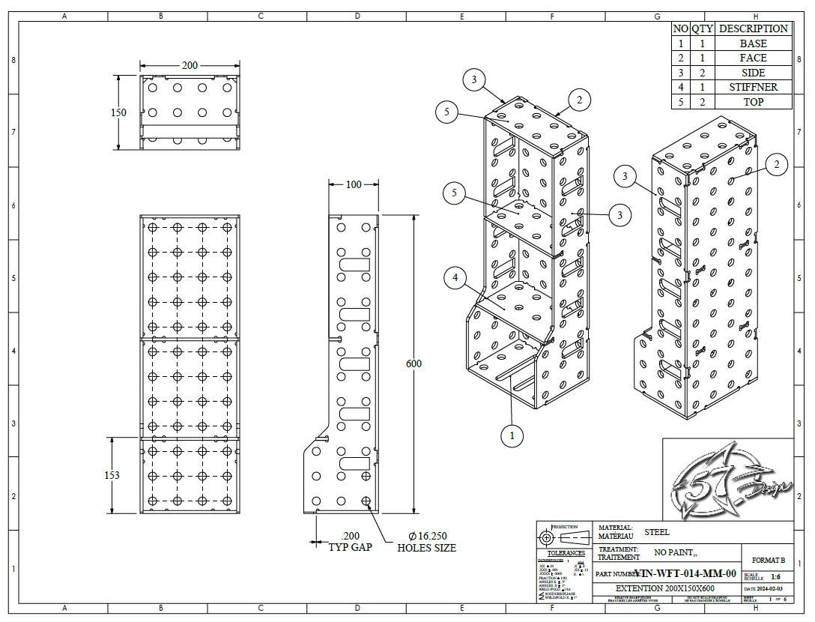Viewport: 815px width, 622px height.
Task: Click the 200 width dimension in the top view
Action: (x=190, y=66)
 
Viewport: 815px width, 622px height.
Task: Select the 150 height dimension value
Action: (x=118, y=112)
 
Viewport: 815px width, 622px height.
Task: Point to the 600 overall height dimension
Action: (x=413, y=363)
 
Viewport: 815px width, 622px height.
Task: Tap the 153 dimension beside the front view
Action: (x=112, y=475)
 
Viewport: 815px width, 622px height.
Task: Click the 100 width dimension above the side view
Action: (x=352, y=184)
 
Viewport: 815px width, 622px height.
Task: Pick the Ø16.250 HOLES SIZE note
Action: (x=427, y=542)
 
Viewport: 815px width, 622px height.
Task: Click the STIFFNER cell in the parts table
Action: (x=753, y=87)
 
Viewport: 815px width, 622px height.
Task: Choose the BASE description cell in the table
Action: (x=753, y=43)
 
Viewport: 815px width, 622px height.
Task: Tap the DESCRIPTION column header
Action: (x=753, y=28)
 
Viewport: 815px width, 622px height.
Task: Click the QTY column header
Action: (x=702, y=28)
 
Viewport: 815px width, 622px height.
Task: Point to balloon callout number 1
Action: (x=512, y=435)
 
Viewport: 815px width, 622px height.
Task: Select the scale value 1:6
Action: (x=775, y=577)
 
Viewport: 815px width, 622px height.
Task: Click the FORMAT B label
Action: (x=767, y=560)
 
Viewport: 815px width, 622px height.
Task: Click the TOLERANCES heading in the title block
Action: (x=566, y=553)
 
